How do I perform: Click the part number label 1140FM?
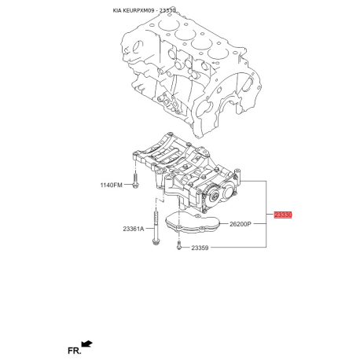click(112, 186)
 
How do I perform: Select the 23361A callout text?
click(134, 230)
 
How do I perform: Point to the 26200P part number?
click(240, 224)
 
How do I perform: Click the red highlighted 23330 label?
click(283, 214)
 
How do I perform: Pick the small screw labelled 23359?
click(180, 247)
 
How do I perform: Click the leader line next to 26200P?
click(259, 224)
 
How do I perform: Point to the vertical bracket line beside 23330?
click(266, 214)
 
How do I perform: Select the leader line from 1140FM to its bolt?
click(128, 186)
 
